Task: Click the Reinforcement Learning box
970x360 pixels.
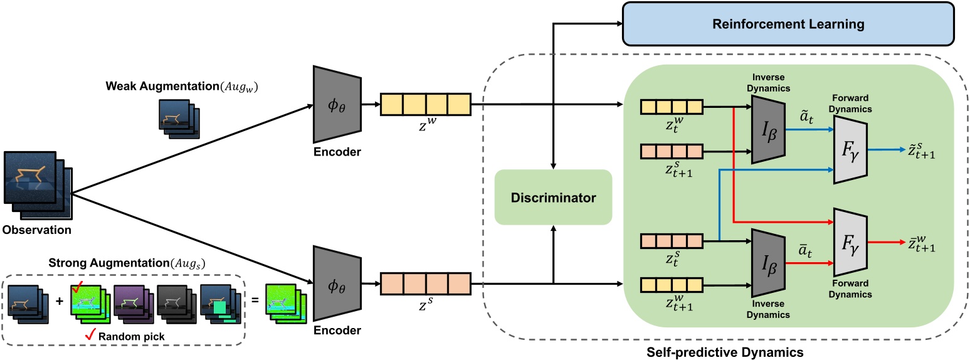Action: (x=788, y=24)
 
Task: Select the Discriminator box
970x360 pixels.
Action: (x=553, y=198)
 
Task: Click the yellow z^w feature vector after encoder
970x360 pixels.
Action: (x=425, y=103)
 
